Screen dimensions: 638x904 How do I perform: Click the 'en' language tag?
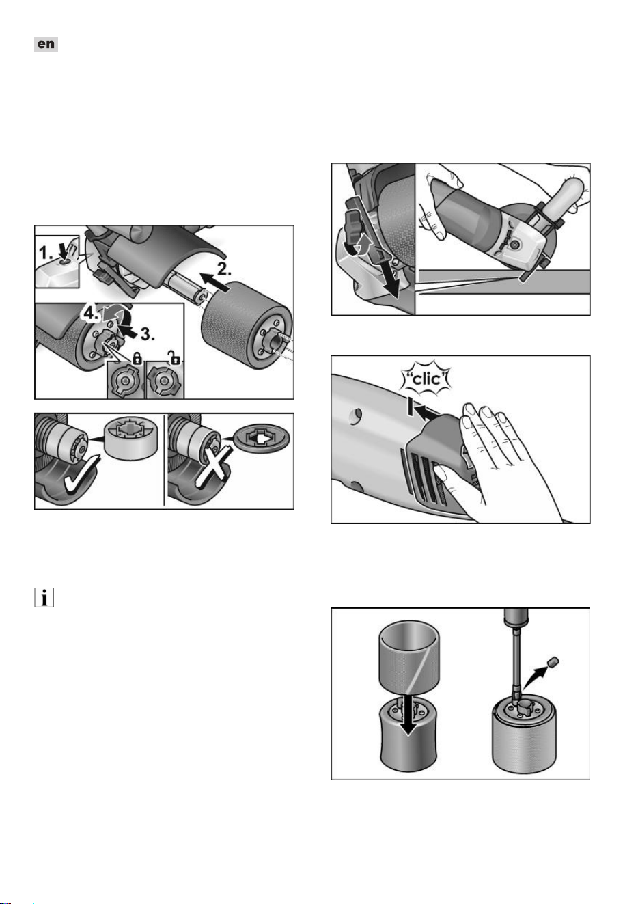[46, 44]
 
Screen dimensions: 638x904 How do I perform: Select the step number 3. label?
[148, 333]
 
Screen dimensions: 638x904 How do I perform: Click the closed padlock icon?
[137, 357]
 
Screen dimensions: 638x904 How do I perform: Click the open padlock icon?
[174, 357]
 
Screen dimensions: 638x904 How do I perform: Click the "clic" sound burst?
[428, 379]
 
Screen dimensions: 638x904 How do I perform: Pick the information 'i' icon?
[44, 597]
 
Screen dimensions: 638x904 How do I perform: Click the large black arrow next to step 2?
[214, 282]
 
